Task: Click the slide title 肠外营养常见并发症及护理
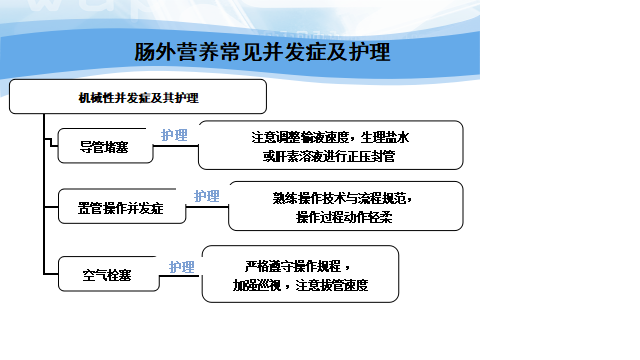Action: pos(262,52)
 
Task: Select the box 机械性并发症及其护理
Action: pos(138,97)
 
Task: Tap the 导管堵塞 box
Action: pos(105,146)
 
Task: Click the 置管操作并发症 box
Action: pos(122,207)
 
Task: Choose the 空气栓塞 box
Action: pos(109,274)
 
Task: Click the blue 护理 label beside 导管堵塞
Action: pos(174,135)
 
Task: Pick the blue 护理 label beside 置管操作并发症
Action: pos(207,196)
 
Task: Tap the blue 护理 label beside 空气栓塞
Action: pos(182,267)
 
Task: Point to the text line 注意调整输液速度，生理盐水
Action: pos(330,137)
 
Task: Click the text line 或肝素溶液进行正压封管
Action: pos(329,156)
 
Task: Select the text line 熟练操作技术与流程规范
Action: pos(342,198)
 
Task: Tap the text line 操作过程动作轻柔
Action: pos(344,217)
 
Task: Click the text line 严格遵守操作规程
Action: pos(297,266)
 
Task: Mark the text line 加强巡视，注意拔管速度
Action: pos(300,285)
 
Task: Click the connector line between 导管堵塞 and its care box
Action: pos(176,146)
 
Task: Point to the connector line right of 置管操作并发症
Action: pos(207,207)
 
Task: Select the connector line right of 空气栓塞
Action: pos(180,276)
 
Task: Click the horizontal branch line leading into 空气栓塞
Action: pos(51,274)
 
